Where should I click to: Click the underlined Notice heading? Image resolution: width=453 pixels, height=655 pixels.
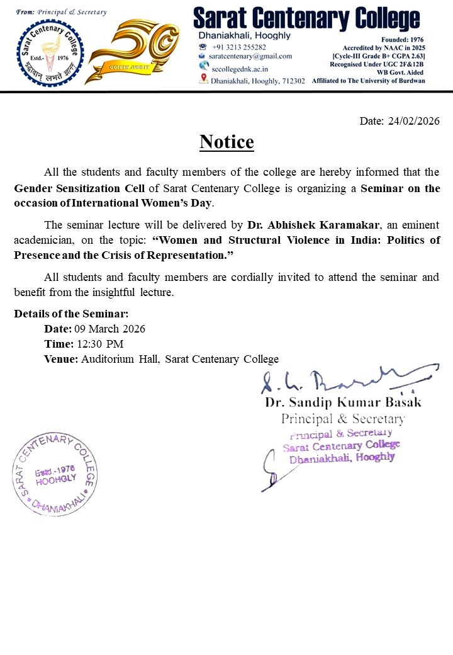click(x=226, y=142)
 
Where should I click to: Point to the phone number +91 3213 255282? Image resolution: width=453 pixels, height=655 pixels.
click(x=238, y=47)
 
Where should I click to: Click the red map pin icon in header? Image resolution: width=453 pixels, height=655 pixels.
click(x=203, y=79)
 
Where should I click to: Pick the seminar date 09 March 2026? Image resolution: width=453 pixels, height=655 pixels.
click(x=109, y=329)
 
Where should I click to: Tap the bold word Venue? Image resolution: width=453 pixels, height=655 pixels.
click(x=61, y=359)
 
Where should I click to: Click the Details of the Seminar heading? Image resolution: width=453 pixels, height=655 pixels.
click(x=71, y=313)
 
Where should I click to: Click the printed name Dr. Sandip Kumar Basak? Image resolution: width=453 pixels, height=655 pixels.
click(x=343, y=402)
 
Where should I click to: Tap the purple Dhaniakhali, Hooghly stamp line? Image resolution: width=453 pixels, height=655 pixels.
click(x=342, y=458)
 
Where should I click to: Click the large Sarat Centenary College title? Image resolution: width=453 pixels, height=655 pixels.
click(x=306, y=18)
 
